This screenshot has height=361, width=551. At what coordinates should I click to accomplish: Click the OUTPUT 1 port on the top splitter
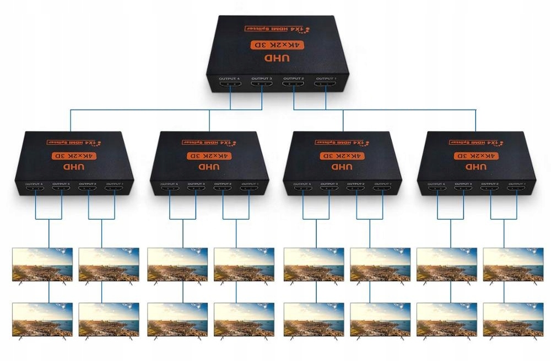pos(325,86)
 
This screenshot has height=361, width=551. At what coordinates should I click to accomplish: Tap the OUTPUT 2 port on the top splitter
pos(294,86)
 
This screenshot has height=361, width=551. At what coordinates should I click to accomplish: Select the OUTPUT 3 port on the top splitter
pos(262,86)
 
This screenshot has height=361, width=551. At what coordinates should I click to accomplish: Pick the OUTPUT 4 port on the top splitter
pos(230,86)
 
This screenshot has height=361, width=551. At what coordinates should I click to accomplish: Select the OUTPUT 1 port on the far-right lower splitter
pos(516,190)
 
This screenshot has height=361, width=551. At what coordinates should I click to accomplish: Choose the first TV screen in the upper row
pos(42,264)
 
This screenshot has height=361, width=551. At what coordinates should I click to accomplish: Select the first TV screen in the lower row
pos(42,319)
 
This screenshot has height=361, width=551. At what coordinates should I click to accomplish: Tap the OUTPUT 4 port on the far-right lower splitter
pos(437,190)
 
